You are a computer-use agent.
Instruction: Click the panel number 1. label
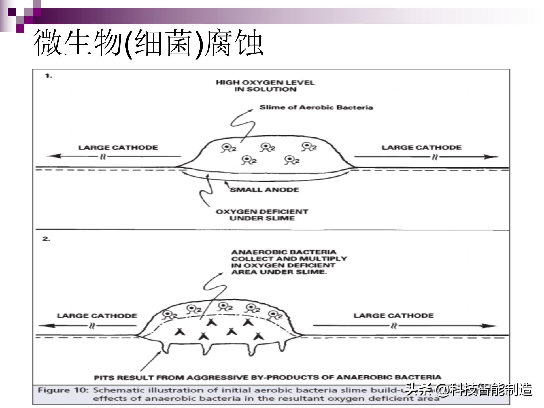(x=49, y=76)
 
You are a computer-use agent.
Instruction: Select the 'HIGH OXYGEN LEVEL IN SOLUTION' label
(x=265, y=86)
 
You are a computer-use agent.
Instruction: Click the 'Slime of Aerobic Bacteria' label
(x=316, y=107)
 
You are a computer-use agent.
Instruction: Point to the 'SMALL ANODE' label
(x=264, y=190)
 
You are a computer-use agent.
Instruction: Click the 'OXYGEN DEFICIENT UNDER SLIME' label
(x=262, y=215)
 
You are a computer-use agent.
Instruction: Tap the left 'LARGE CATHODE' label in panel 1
(x=118, y=148)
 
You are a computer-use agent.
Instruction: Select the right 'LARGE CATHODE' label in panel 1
(x=421, y=148)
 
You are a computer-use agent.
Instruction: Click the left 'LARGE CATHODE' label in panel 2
(x=97, y=316)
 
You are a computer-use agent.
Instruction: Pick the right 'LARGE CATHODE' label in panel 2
(x=394, y=316)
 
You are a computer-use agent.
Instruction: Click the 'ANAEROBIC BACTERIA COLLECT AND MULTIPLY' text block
(x=288, y=262)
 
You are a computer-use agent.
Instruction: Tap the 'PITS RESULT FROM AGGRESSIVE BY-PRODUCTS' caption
(x=267, y=378)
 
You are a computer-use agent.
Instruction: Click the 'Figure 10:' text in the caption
(x=63, y=390)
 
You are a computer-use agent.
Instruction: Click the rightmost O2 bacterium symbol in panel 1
(x=308, y=147)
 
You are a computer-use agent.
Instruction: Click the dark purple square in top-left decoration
(x=12, y=12)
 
